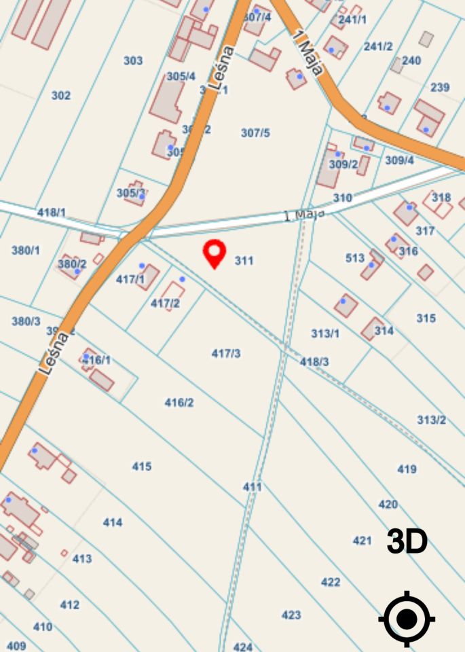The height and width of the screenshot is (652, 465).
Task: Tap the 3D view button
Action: pyautogui.click(x=407, y=542)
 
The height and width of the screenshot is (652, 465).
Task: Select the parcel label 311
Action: pyautogui.click(x=244, y=260)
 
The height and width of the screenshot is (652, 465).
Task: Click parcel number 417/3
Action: pyautogui.click(x=226, y=353)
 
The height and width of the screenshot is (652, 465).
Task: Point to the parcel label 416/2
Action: pyautogui.click(x=179, y=403)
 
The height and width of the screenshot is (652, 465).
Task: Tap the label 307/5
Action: pyautogui.click(x=255, y=132)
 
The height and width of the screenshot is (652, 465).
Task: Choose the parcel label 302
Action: pyautogui.click(x=61, y=96)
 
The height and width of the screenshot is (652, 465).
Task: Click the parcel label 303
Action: pyautogui.click(x=133, y=60)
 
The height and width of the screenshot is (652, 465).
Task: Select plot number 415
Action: pyautogui.click(x=142, y=467)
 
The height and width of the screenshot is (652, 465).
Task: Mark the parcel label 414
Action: pyautogui.click(x=113, y=522)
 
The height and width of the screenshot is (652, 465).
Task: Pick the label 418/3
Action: pyautogui.click(x=314, y=362)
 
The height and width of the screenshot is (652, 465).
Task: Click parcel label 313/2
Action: pyautogui.click(x=431, y=420)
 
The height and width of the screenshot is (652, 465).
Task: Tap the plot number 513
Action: pyautogui.click(x=355, y=258)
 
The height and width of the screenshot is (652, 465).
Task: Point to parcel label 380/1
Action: pyautogui.click(x=26, y=250)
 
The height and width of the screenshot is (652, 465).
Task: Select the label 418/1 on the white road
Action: pyautogui.click(x=52, y=212)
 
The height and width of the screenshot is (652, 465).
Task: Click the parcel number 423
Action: pyautogui.click(x=291, y=615)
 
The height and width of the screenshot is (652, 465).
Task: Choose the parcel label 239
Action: pyautogui.click(x=440, y=88)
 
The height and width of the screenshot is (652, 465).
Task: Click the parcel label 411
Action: pyautogui.click(x=252, y=487)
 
